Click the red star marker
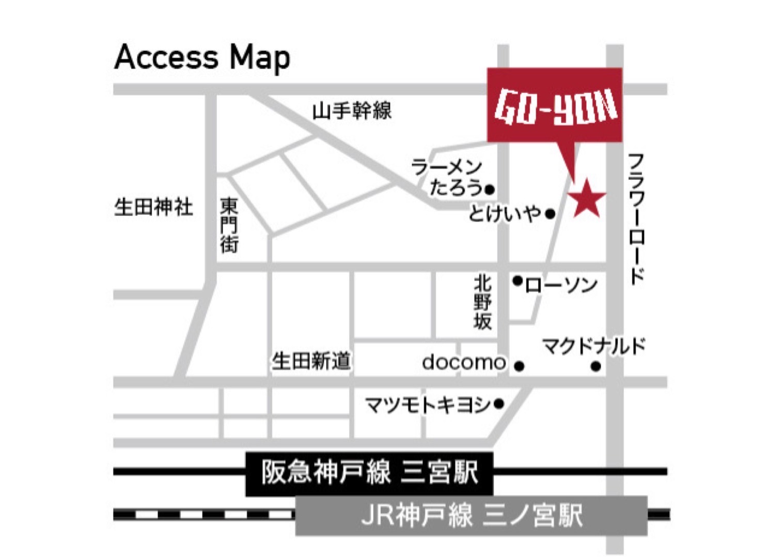[587, 198]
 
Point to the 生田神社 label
[153, 207]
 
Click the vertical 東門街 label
[229, 225]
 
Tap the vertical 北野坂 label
[482, 302]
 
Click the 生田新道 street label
[311, 361]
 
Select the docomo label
[463, 362]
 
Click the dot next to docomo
[520, 366]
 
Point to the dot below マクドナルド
[595, 366]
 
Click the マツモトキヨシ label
[428, 405]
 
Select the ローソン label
[561, 285]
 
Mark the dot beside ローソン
[517, 281]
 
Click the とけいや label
[505, 213]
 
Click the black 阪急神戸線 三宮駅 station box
[369, 473]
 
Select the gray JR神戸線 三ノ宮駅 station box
[471, 515]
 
